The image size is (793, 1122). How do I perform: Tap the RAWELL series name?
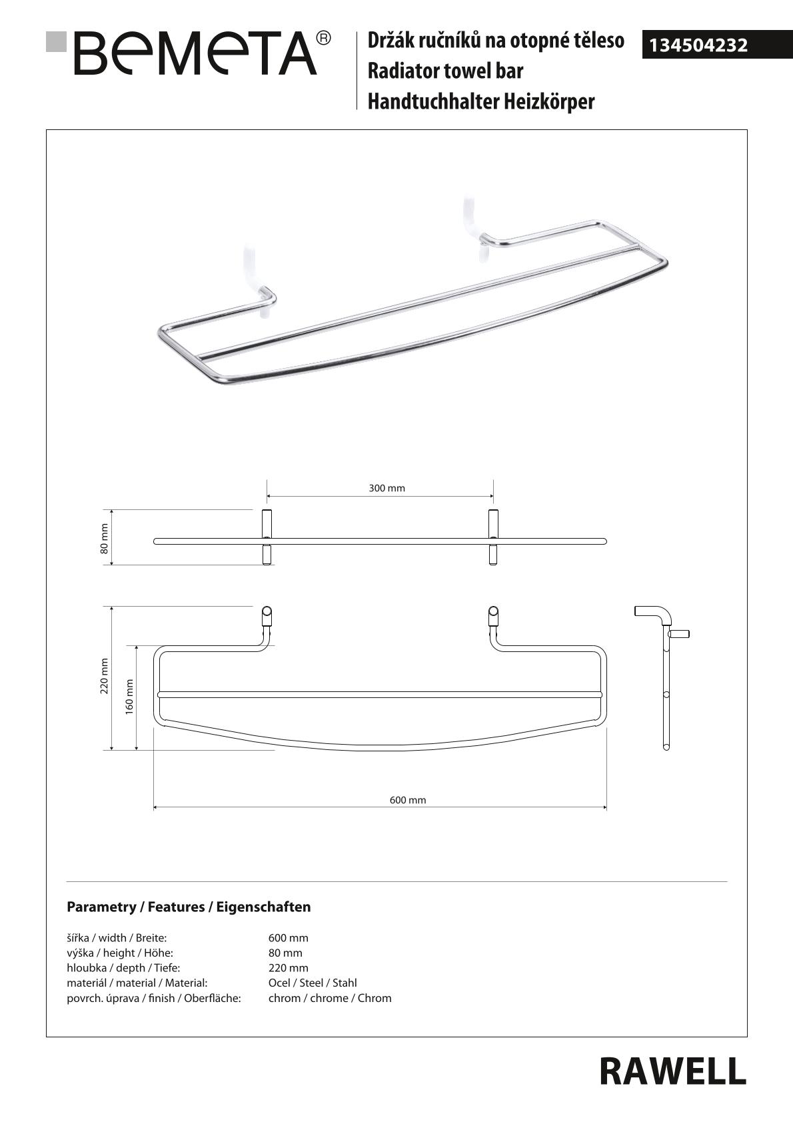[672, 1071]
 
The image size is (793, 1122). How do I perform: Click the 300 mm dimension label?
[387, 488]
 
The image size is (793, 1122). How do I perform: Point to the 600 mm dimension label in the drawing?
[407, 800]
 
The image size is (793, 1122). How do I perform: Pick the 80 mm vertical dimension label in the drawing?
[104, 538]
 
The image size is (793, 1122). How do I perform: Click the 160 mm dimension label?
[129, 696]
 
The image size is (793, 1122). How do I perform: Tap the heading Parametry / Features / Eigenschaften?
[189, 907]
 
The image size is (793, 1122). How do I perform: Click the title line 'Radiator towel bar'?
[445, 71]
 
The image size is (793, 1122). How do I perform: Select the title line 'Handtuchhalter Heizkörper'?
[480, 101]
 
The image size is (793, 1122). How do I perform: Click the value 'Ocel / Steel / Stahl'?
[313, 983]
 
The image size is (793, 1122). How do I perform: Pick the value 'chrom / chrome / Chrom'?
[330, 998]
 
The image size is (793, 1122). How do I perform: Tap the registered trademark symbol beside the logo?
[323, 38]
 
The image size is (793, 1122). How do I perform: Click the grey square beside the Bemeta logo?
[57, 41]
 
